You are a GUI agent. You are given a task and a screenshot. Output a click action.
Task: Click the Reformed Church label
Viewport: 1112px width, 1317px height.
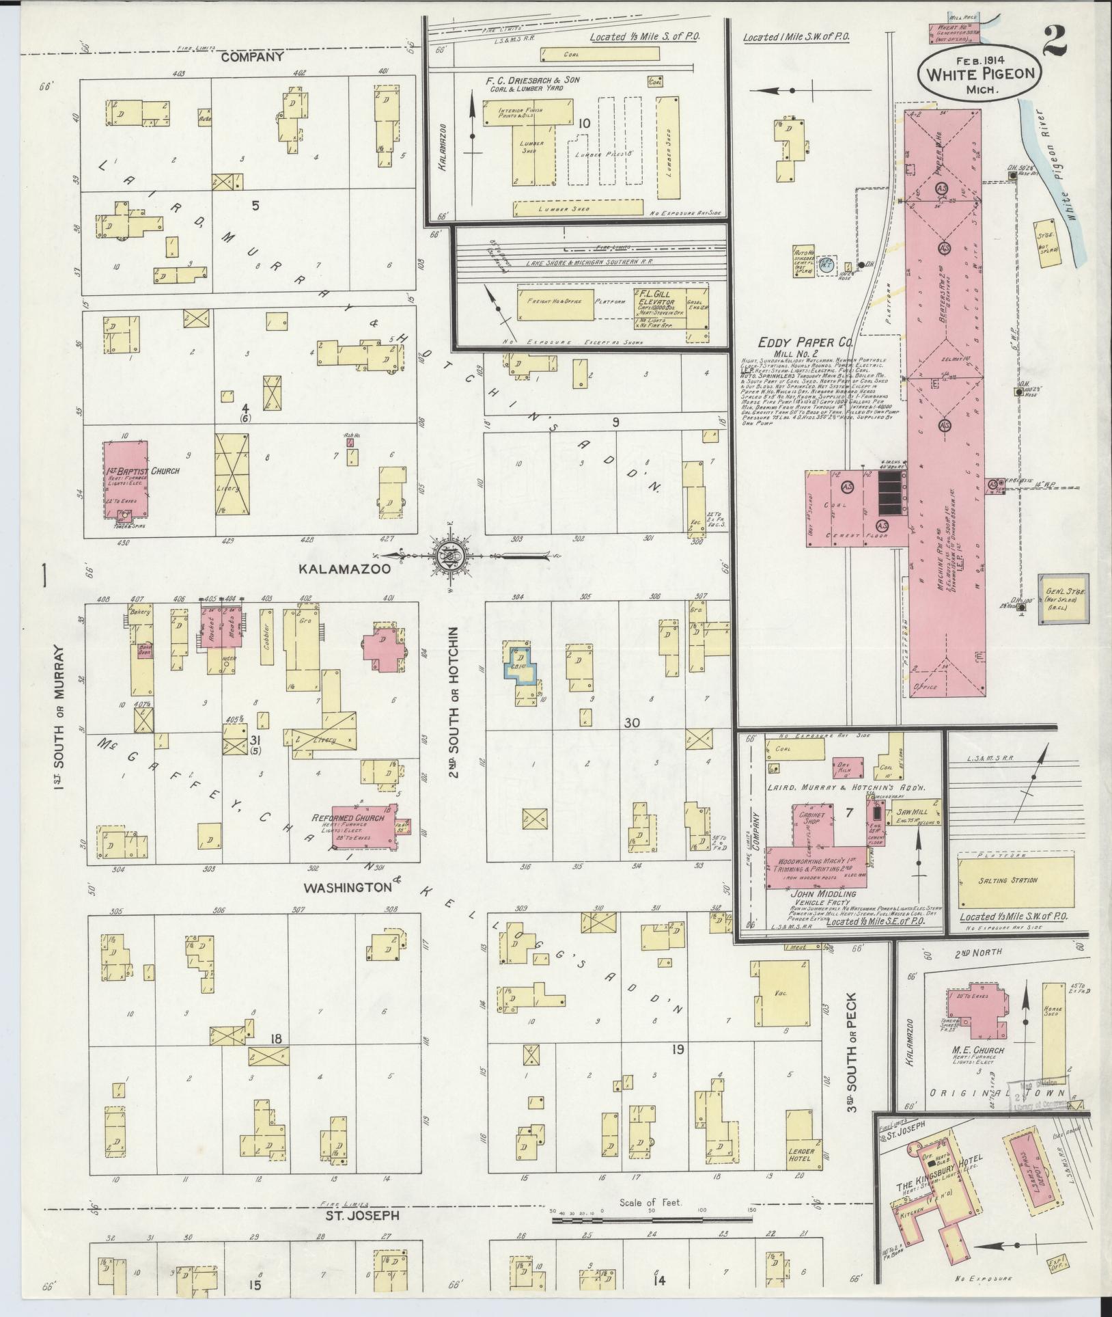(x=348, y=818)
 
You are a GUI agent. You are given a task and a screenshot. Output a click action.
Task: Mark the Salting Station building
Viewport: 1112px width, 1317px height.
(x=1016, y=881)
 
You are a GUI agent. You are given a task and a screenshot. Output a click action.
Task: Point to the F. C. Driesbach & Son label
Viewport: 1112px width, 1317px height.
(x=532, y=81)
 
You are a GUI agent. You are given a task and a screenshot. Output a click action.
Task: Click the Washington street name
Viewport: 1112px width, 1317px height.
(x=348, y=888)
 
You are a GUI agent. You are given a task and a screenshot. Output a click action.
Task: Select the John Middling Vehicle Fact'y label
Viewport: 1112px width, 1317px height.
(x=822, y=899)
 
